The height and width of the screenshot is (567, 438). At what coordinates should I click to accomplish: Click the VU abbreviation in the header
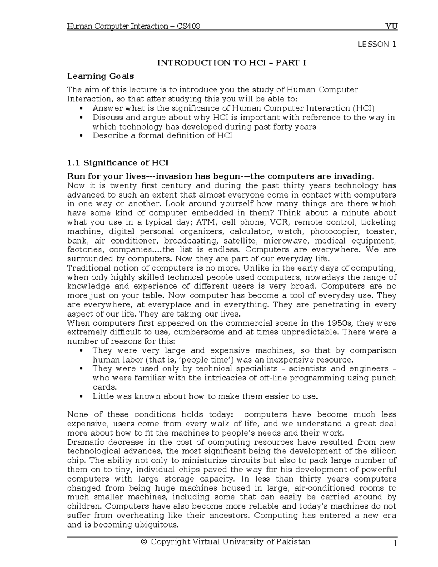click(392, 26)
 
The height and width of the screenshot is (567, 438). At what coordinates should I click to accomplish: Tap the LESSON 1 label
click(377, 45)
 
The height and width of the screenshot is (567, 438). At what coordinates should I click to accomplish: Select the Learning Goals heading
click(100, 76)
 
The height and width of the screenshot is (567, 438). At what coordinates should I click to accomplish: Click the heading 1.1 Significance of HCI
click(118, 163)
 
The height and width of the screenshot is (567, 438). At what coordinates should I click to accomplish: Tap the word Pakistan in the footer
click(293, 542)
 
